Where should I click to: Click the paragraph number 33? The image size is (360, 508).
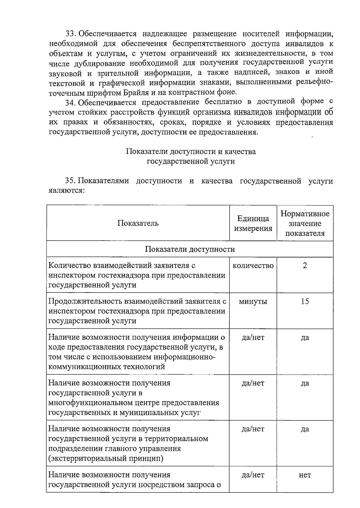[x=71, y=34]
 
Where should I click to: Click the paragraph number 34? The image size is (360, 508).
[x=71, y=102]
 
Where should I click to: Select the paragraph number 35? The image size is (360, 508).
[x=71, y=181]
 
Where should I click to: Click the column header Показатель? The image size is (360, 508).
[x=138, y=223]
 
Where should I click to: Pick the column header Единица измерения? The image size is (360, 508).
[x=253, y=223]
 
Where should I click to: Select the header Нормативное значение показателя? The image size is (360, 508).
[x=305, y=223]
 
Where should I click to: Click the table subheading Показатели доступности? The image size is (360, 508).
[x=190, y=249]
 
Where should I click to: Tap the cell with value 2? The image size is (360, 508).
[x=305, y=266]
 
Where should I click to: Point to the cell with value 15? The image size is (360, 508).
[x=305, y=302]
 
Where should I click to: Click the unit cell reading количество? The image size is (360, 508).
[x=253, y=266]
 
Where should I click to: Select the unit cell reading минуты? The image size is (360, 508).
[x=253, y=302]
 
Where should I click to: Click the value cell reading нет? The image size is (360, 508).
[x=305, y=475]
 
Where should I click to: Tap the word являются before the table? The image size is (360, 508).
[x=66, y=191]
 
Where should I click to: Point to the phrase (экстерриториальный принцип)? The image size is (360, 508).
[x=106, y=459]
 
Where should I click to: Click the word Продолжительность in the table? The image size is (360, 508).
[x=85, y=302]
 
